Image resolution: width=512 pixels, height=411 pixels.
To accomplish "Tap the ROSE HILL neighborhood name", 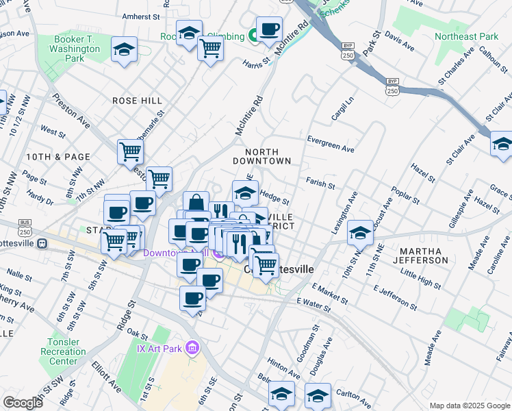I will point(138,101).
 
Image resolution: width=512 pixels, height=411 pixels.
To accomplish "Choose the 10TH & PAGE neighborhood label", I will point(58,157).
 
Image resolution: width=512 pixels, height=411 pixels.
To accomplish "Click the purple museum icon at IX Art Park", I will point(192,349).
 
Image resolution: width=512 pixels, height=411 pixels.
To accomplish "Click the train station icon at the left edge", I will point(42,243).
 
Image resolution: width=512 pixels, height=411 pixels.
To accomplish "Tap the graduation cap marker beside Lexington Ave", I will point(359,233).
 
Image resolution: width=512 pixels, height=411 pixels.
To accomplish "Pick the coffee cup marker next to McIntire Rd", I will point(269,29).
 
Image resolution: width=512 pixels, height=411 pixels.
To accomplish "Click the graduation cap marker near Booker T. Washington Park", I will point(124,49).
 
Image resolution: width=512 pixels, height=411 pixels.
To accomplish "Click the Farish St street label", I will point(320,184).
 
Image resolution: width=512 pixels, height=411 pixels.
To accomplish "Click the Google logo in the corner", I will point(23,403).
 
